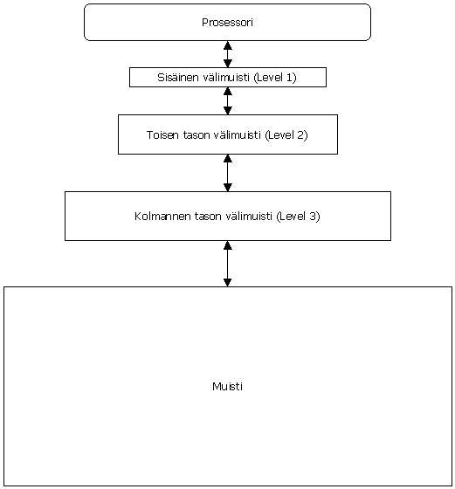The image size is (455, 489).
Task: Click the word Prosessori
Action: [227, 23]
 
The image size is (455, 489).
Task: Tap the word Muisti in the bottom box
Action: [227, 386]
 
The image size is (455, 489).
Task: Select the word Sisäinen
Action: [178, 77]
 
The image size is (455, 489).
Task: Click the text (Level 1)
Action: [275, 78]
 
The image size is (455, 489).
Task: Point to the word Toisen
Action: [162, 134]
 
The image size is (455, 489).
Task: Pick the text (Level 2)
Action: [286, 135]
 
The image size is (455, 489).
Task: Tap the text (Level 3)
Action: [298, 217]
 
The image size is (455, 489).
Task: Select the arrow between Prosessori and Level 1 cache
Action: [228, 54]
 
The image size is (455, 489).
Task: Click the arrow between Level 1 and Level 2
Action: [228, 100]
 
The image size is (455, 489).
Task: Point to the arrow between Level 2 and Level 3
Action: [228, 173]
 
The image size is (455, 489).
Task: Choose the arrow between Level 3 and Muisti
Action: [228, 264]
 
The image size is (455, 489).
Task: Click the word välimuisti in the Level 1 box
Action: [226, 77]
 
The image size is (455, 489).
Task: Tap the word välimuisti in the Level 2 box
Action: [238, 134]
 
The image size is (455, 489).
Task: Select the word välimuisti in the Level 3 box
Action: [249, 216]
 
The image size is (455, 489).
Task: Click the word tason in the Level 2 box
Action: [196, 135]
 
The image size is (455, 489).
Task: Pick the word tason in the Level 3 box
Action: [208, 217]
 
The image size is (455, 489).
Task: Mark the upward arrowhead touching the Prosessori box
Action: [228, 45]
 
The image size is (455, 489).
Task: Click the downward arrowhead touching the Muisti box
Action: [228, 283]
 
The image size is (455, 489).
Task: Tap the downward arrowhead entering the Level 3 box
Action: [228, 188]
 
